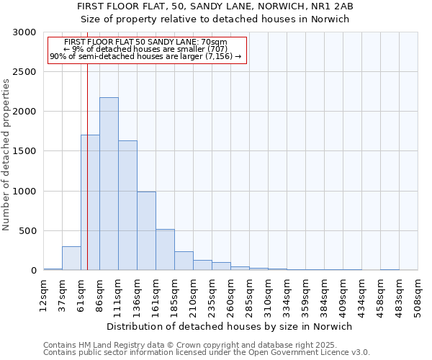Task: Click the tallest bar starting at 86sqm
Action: tap(109, 184)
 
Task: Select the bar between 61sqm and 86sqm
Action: tap(90, 202)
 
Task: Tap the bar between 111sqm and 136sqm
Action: tap(127, 205)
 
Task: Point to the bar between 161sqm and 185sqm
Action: tap(165, 250)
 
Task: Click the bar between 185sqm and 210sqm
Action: tap(184, 261)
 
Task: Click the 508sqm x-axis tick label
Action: tap(418, 295)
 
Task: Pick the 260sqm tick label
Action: tap(230, 295)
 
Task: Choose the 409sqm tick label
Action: tap(343, 295)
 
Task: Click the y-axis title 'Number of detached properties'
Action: tap(6, 155)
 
